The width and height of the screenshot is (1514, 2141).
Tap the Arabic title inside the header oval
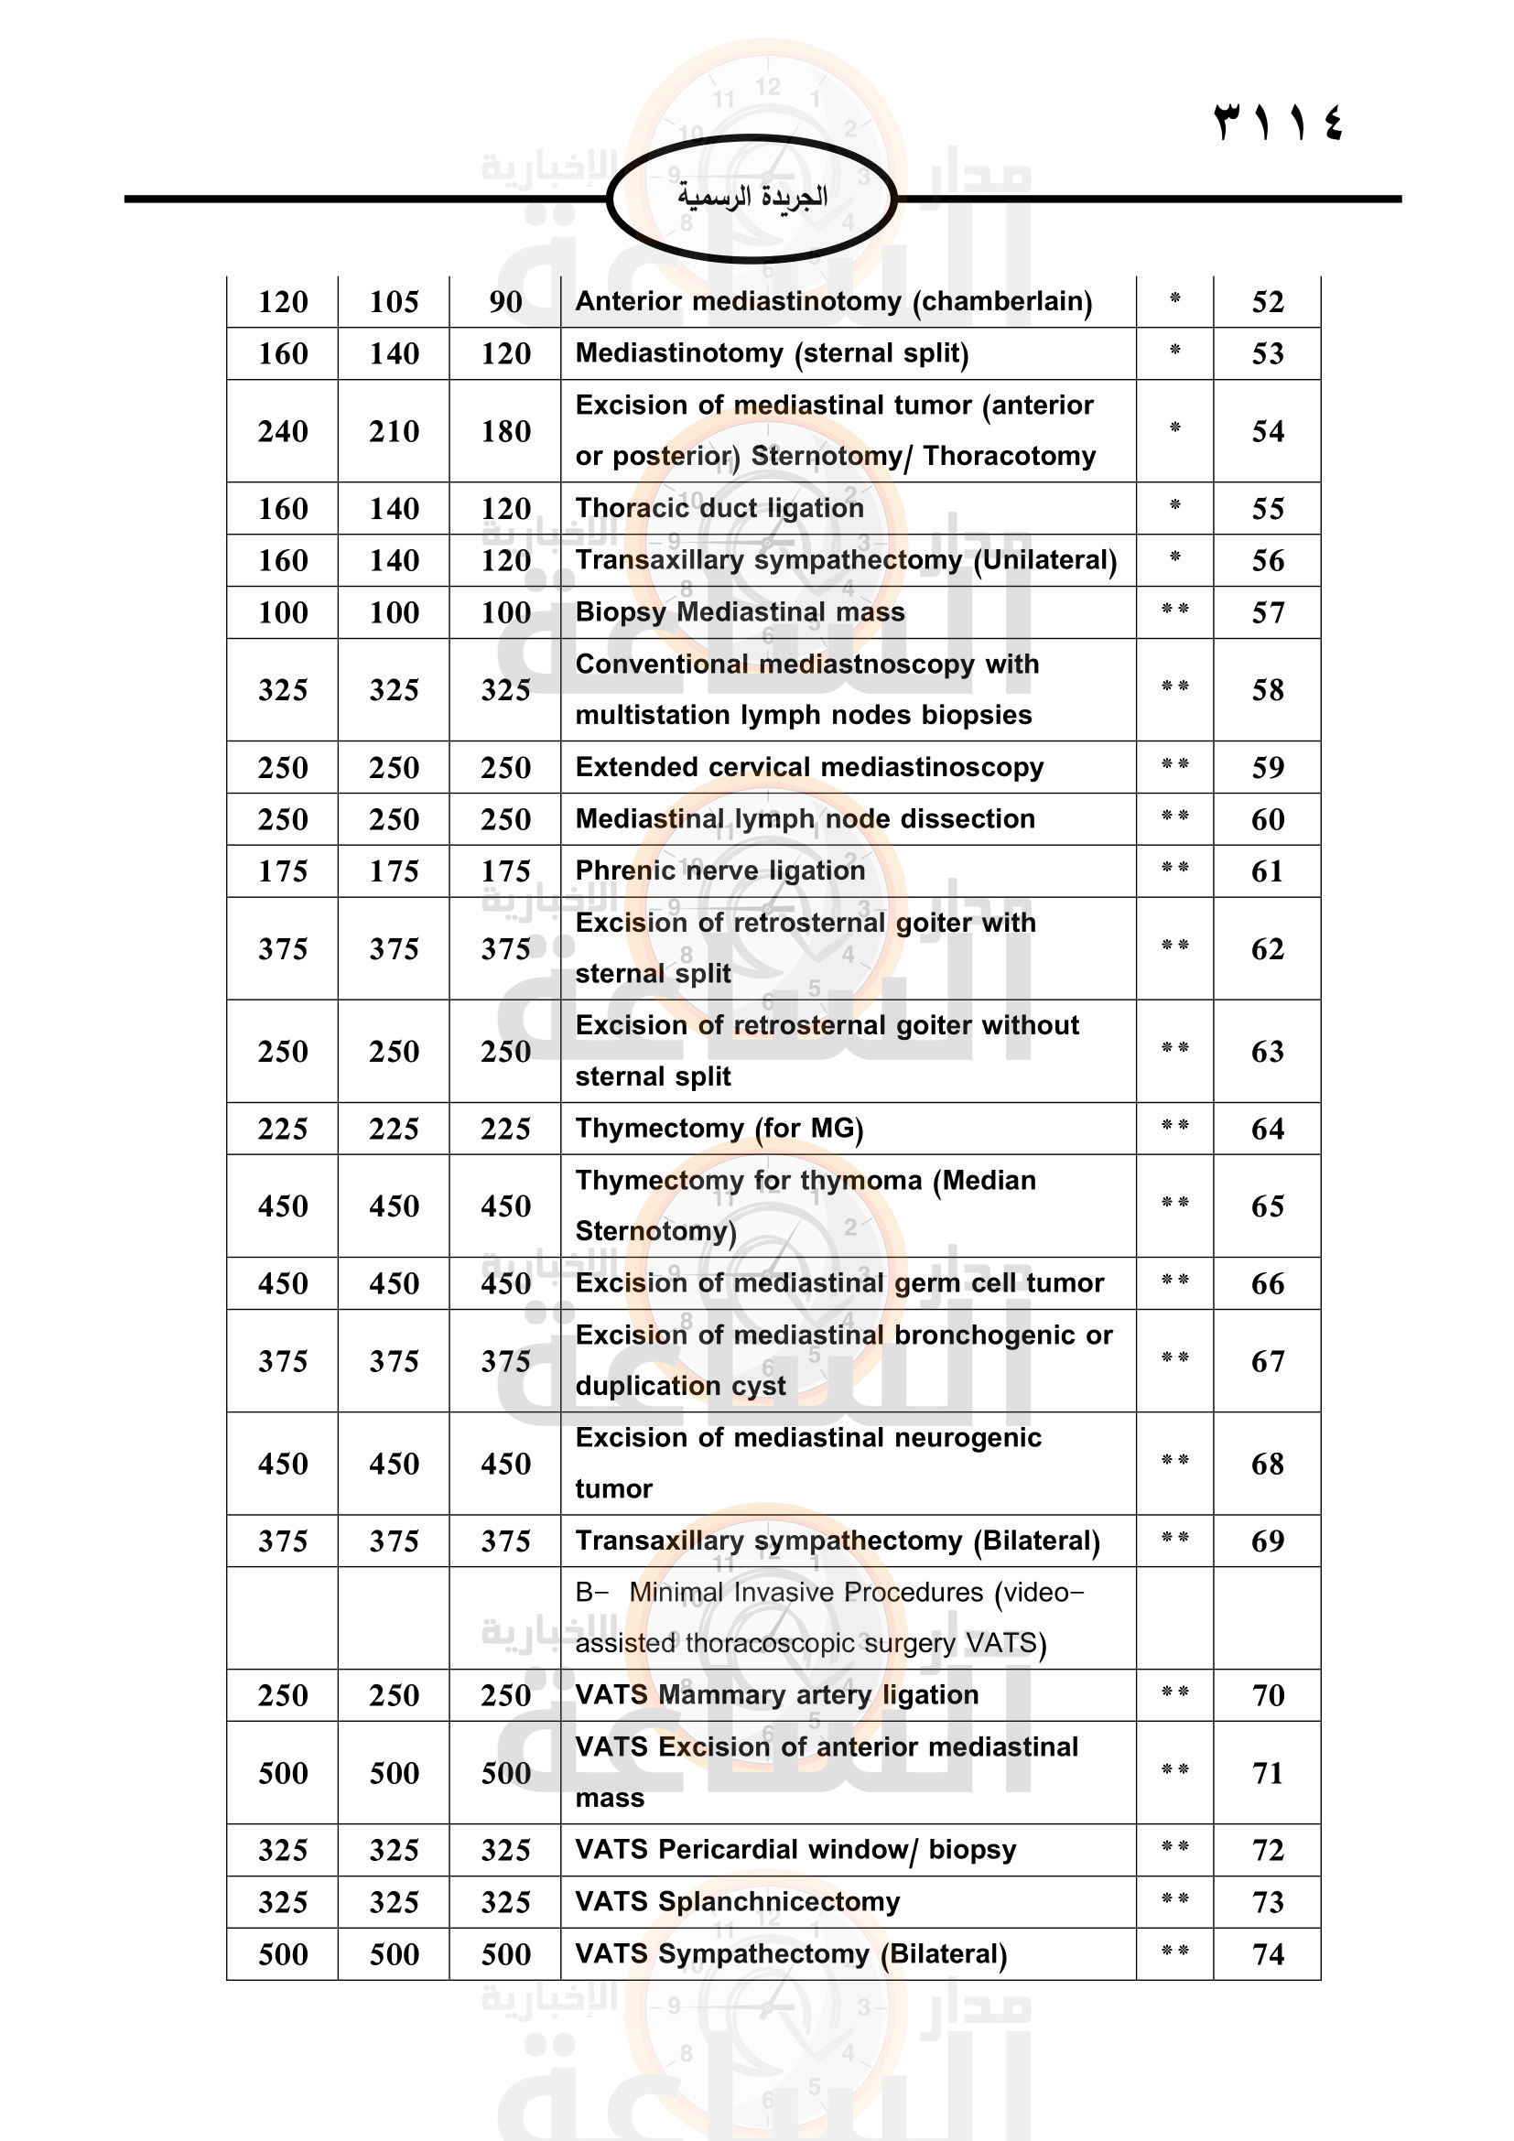(x=752, y=197)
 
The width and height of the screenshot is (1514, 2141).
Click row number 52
(x=1267, y=302)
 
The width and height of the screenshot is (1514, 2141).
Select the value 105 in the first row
(x=394, y=302)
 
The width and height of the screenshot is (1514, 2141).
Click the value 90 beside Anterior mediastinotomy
(x=505, y=302)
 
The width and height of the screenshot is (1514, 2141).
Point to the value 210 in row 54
(x=394, y=432)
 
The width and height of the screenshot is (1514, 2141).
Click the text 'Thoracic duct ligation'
(x=719, y=508)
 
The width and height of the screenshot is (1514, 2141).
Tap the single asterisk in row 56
(x=1174, y=557)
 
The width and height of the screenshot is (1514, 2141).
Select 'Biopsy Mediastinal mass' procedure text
(x=740, y=612)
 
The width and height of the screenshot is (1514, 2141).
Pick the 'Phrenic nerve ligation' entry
(x=719, y=870)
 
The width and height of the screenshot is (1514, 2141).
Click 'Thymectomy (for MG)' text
(x=719, y=1130)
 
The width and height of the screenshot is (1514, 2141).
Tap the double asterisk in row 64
(x=1174, y=1126)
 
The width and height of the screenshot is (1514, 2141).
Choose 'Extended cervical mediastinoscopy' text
(x=809, y=767)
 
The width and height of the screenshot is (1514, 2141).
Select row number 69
(x=1267, y=1541)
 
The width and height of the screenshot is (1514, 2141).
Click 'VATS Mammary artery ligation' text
(x=776, y=1695)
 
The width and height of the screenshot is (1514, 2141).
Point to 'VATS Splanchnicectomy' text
(x=738, y=1902)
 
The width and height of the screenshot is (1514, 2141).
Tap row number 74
(x=1267, y=1954)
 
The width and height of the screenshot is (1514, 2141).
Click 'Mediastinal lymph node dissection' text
(x=805, y=819)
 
